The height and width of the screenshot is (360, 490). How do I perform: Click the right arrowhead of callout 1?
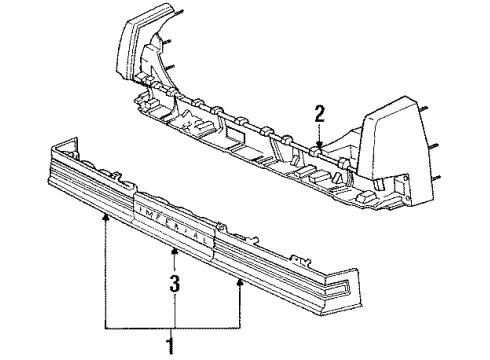[239, 282]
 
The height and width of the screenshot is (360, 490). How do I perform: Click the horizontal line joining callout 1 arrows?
[171, 326]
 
